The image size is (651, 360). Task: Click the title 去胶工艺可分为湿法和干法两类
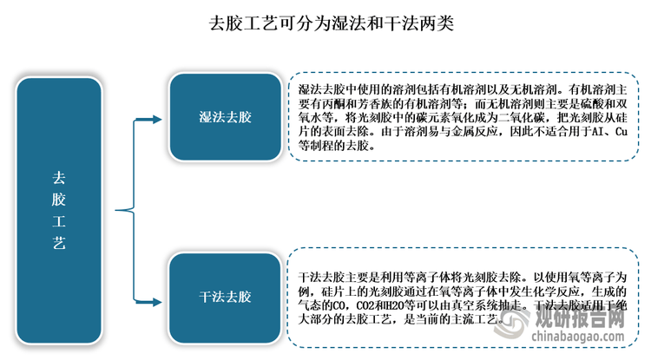tap(331, 23)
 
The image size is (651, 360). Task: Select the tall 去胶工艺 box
tap(59, 211)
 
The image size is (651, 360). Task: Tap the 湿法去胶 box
tap(225, 117)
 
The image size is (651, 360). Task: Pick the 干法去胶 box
tap(225, 297)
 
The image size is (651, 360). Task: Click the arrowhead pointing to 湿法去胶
tap(157, 120)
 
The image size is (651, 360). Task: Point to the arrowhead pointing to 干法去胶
tap(157, 303)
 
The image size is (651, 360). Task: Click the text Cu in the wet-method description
tap(621, 132)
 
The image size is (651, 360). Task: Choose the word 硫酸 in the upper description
tap(580, 104)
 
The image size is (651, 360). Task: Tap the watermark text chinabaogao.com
tap(578, 336)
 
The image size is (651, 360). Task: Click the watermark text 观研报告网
tap(580, 318)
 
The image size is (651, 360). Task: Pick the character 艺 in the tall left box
tap(59, 243)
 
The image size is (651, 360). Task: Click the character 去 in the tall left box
tap(59, 178)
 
